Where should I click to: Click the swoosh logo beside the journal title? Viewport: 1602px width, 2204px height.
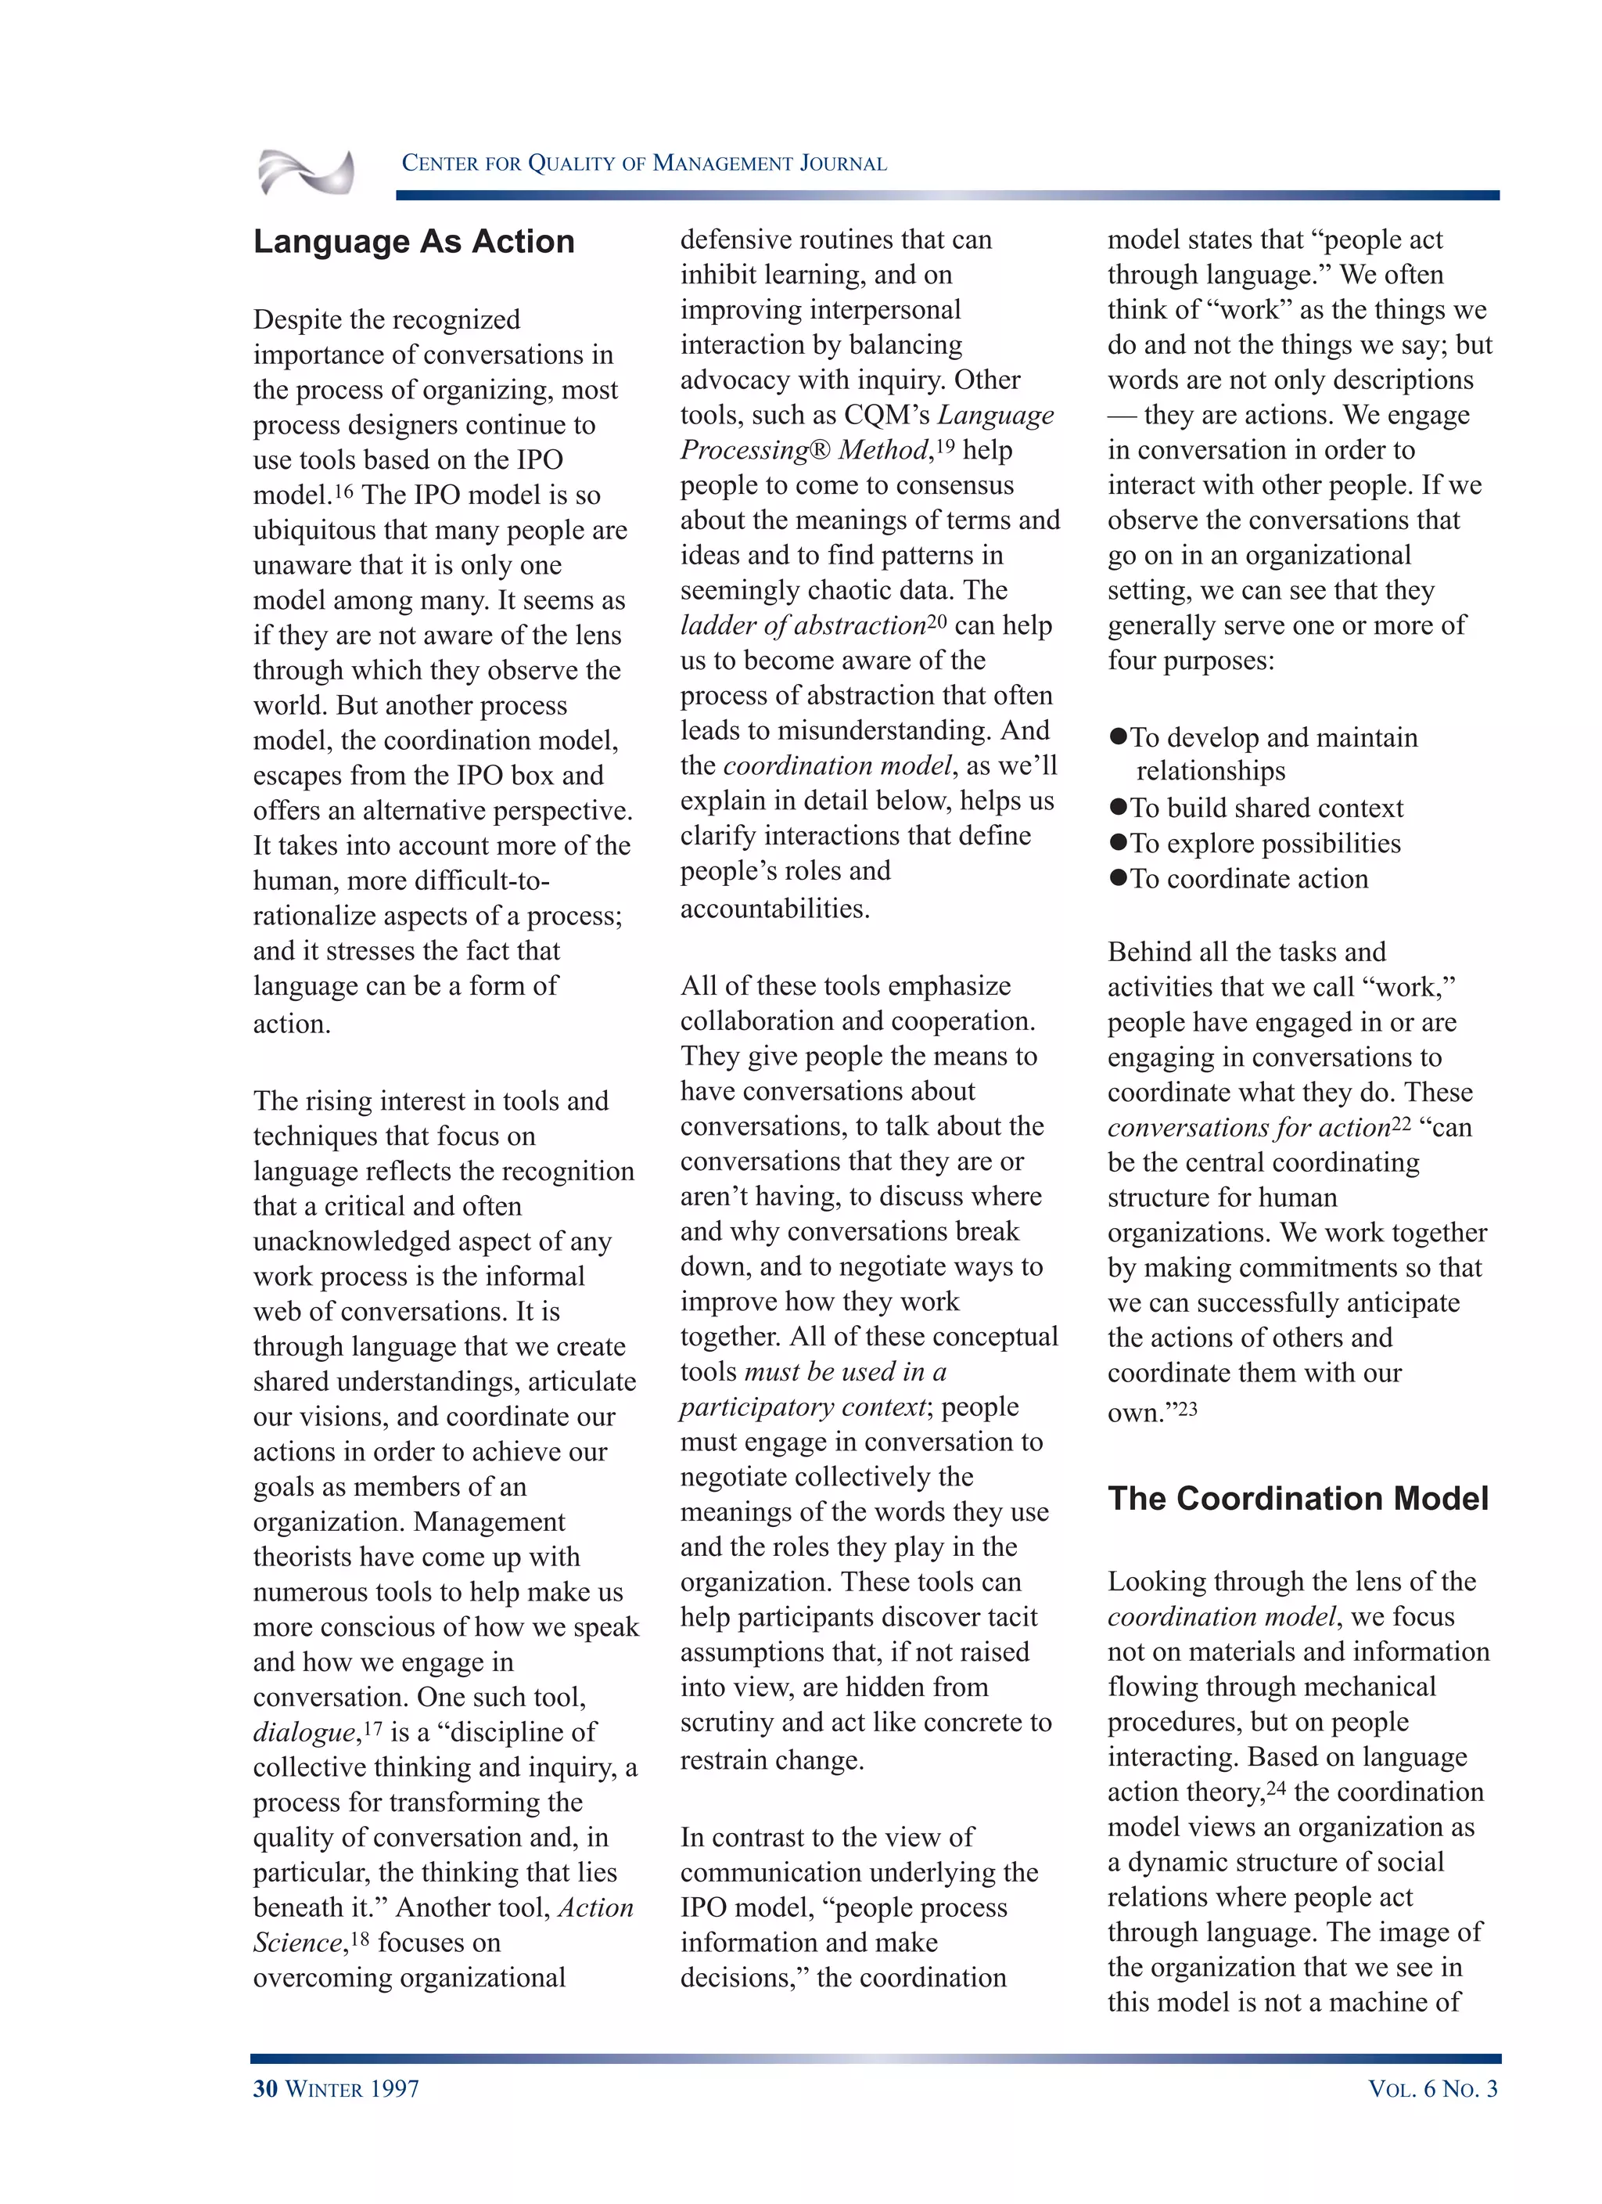pyautogui.click(x=306, y=172)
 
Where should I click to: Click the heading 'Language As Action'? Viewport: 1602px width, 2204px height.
pyautogui.click(x=414, y=241)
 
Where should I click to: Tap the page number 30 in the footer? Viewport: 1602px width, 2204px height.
pyautogui.click(x=265, y=2088)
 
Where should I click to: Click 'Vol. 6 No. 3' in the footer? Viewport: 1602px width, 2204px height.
pyautogui.click(x=1432, y=2088)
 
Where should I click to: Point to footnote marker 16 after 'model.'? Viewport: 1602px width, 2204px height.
pyautogui.click(x=344, y=491)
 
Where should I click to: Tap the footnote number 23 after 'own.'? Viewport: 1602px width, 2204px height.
pyautogui.click(x=1187, y=1408)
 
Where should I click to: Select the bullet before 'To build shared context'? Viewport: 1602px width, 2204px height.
pyautogui.click(x=1119, y=808)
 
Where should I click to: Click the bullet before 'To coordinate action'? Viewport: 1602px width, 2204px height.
pyautogui.click(x=1119, y=877)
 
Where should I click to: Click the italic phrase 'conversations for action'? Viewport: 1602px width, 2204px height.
pyautogui.click(x=1248, y=1127)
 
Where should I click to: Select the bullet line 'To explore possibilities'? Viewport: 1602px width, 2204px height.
pyautogui.click(x=1264, y=842)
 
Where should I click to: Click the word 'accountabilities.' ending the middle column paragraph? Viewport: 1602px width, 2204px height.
pyautogui.click(x=774, y=908)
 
